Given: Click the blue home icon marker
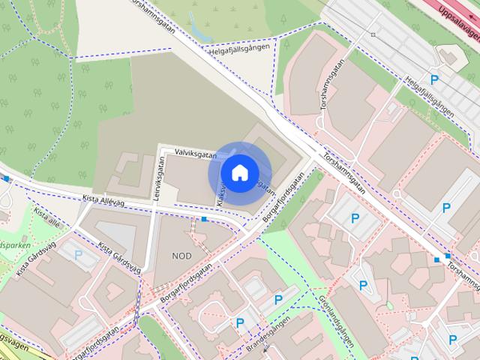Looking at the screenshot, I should (x=239, y=173).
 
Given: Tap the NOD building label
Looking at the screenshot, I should (x=181, y=256).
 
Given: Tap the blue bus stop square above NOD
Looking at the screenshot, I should (x=205, y=219).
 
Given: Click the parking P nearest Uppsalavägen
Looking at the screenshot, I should (x=433, y=79).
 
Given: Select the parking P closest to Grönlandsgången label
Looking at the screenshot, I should (x=364, y=285).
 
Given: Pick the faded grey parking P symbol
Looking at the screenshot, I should (x=79, y=255).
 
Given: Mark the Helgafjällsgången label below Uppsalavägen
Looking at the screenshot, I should (x=429, y=94).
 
